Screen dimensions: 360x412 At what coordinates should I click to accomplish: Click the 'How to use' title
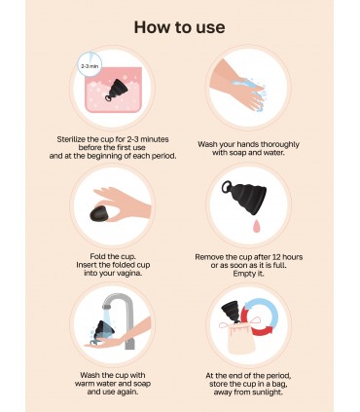(179, 27)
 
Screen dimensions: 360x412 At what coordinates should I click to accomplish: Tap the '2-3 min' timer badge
(90, 65)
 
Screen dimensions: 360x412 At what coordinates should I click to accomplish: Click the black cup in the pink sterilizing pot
(116, 90)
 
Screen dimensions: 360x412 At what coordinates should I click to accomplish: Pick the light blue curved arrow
(262, 311)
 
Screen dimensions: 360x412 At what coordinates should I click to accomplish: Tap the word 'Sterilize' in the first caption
(71, 139)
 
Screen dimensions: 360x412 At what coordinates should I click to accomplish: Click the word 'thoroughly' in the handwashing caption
(279, 144)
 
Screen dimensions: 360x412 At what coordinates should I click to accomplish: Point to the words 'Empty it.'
(248, 274)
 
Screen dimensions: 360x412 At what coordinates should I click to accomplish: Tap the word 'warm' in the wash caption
(84, 384)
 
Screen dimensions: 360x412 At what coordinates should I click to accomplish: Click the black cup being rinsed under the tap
(104, 330)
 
